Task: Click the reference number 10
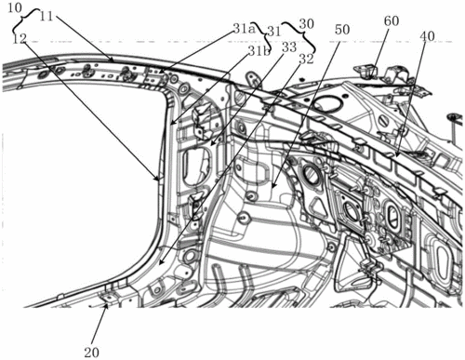[x=14, y=7]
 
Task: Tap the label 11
[x=46, y=17]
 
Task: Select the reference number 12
[x=20, y=39]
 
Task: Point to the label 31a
[x=244, y=29]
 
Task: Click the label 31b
[x=259, y=51]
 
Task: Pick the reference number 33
[x=289, y=47]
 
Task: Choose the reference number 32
[x=306, y=60]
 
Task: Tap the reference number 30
[x=307, y=24]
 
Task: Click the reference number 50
[x=342, y=30]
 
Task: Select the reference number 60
[x=392, y=21]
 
